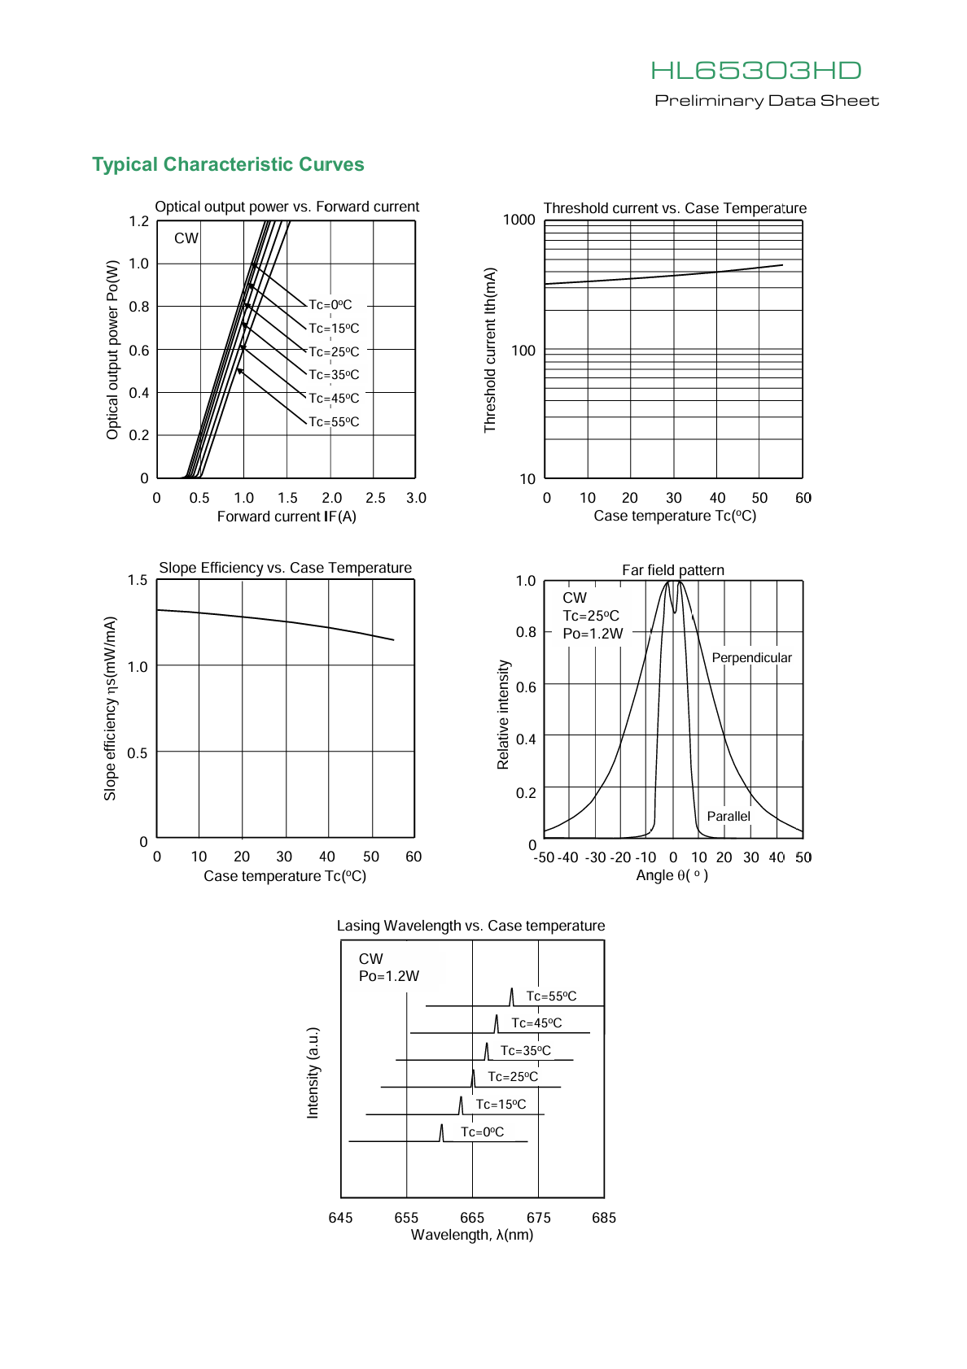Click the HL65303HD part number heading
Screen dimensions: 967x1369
[x=756, y=70]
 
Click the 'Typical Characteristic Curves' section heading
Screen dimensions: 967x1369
[x=228, y=164]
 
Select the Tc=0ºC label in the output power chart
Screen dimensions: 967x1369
[x=330, y=304]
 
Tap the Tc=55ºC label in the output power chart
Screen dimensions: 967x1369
[x=334, y=421]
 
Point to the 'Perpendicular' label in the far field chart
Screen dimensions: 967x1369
[x=751, y=657]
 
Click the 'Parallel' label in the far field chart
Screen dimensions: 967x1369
[x=729, y=816]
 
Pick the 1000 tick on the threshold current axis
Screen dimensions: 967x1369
[x=519, y=220]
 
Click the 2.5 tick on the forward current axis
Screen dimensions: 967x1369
[x=375, y=498]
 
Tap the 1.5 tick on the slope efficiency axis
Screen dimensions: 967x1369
[x=137, y=580]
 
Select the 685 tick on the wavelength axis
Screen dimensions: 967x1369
[x=604, y=1218]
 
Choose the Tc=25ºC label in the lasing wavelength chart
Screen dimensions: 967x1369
[x=513, y=1076]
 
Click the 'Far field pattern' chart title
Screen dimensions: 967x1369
[x=673, y=570]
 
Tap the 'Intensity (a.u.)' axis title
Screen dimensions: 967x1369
[x=313, y=1073]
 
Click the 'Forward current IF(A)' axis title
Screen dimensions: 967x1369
[x=287, y=517]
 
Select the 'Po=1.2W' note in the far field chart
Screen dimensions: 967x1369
[x=593, y=633]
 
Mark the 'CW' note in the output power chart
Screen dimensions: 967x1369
[x=186, y=238]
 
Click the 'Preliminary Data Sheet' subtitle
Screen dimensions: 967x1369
[x=767, y=101]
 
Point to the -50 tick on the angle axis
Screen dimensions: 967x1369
[x=544, y=857]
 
